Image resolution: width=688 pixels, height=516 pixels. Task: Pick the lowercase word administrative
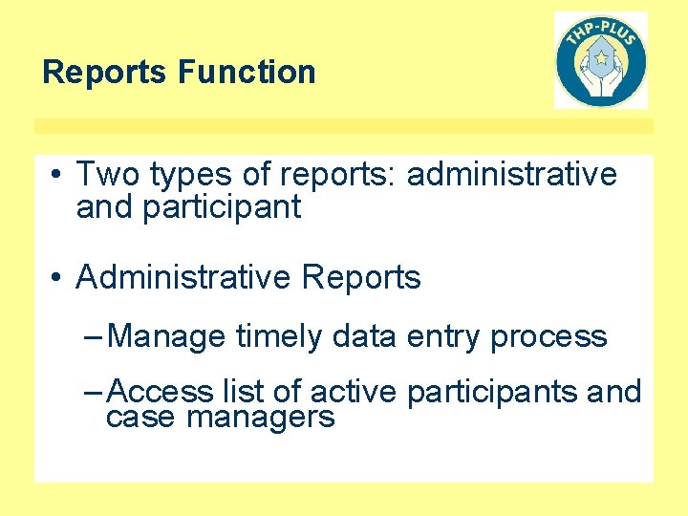[x=512, y=175]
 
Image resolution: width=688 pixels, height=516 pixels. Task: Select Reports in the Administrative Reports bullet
[x=361, y=278]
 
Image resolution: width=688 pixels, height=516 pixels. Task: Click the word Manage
[x=167, y=337]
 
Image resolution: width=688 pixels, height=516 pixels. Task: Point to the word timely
[x=279, y=337]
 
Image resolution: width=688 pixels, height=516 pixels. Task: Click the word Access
[x=161, y=392]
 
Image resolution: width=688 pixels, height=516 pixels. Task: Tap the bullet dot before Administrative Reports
[x=58, y=279]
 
